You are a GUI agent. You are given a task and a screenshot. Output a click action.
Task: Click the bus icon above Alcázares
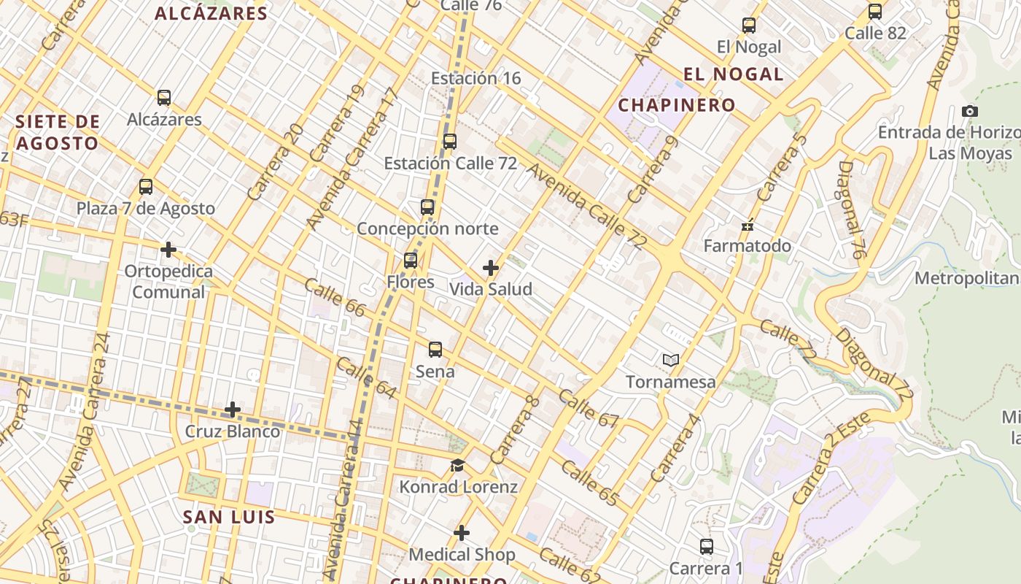[x=164, y=98]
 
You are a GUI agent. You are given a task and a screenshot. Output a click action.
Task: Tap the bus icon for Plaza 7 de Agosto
[x=146, y=187]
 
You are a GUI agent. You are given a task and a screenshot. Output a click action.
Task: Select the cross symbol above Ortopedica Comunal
[x=168, y=250]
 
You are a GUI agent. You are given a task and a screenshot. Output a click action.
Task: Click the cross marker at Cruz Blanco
[x=233, y=410]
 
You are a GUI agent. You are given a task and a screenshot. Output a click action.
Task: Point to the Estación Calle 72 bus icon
[x=450, y=142]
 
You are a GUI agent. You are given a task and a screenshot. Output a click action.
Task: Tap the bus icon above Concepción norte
[x=427, y=207]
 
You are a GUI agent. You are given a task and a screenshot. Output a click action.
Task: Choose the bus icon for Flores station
[x=411, y=261]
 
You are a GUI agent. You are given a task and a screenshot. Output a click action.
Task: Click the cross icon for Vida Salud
[x=491, y=268]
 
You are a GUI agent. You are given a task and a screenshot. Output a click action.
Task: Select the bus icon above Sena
[x=435, y=350]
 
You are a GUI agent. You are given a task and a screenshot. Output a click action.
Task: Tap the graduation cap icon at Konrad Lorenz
[x=457, y=466]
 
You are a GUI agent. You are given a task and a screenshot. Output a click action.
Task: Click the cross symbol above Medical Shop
[x=462, y=533]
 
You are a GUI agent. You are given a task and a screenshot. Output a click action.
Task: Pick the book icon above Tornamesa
[x=671, y=360]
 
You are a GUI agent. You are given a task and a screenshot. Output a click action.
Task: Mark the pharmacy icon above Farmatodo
[x=748, y=226]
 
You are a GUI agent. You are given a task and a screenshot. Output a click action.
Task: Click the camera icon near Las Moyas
[x=970, y=112]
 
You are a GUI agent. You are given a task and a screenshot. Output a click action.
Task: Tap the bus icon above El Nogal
[x=749, y=26]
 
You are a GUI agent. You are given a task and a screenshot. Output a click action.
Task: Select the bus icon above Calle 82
[x=875, y=12]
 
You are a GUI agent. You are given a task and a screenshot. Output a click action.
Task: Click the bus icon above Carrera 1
[x=706, y=547]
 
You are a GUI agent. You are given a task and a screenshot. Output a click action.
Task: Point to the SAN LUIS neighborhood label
[x=228, y=518]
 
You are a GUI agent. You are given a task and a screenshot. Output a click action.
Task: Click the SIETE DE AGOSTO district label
[x=57, y=132]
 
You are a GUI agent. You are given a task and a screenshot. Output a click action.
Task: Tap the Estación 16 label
[x=475, y=78]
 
